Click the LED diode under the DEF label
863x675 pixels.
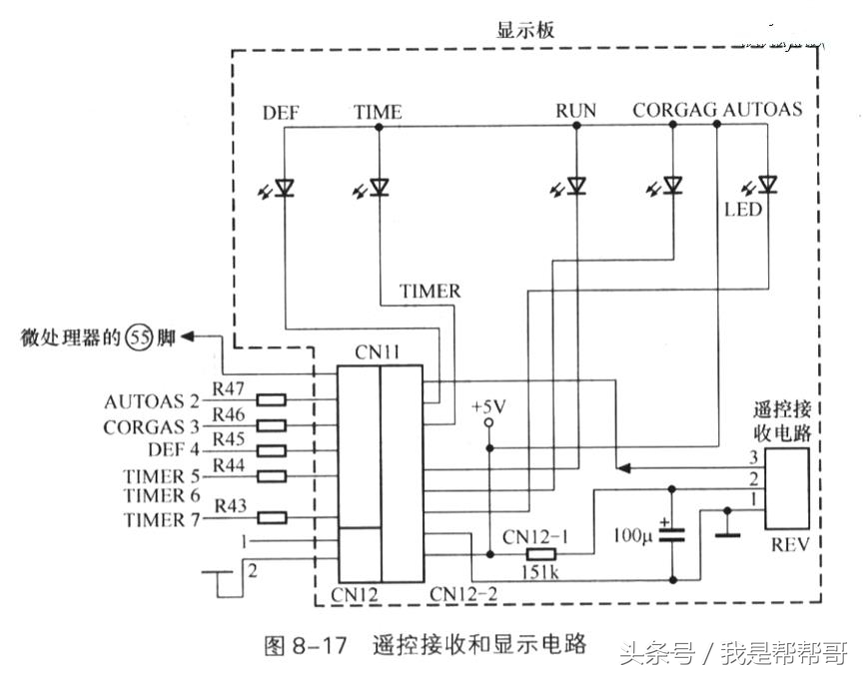(x=284, y=187)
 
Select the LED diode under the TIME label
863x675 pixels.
(x=379, y=187)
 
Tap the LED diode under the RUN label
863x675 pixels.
(x=576, y=187)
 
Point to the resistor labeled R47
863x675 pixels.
(x=272, y=400)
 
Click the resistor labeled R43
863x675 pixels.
(x=272, y=517)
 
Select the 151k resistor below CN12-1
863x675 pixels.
(x=542, y=554)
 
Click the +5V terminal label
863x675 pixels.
(x=488, y=406)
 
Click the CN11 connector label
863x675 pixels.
(x=379, y=352)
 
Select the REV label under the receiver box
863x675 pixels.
(x=789, y=544)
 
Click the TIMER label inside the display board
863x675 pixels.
(x=431, y=292)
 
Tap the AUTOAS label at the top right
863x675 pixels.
(x=763, y=109)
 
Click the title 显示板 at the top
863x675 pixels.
(x=525, y=30)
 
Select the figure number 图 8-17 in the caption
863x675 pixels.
(x=306, y=645)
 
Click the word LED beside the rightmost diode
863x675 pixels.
(x=744, y=211)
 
